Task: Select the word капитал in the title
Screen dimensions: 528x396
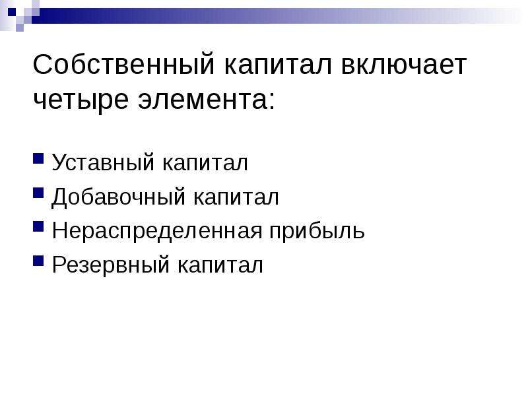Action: tap(278, 65)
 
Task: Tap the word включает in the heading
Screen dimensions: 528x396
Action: tap(404, 65)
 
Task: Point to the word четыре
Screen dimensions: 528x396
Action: tap(81, 101)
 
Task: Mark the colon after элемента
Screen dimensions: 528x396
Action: tap(272, 101)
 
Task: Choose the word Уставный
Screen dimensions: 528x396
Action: tap(103, 162)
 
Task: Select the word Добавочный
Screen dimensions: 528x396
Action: tap(118, 197)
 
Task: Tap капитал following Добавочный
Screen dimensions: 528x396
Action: tap(236, 197)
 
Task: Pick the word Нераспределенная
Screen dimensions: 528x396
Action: tap(157, 232)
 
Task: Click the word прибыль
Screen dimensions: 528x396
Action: tap(317, 231)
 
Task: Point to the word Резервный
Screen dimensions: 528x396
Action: tap(111, 265)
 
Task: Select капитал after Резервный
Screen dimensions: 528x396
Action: tap(220, 265)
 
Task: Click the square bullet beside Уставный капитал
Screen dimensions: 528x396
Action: tap(38, 158)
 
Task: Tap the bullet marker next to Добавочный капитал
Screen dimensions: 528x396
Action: tap(38, 193)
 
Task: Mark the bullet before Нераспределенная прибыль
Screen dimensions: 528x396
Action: tap(38, 226)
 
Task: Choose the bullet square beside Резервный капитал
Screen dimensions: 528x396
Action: tap(38, 261)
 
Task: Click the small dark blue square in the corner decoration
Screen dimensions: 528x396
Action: tap(12, 12)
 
